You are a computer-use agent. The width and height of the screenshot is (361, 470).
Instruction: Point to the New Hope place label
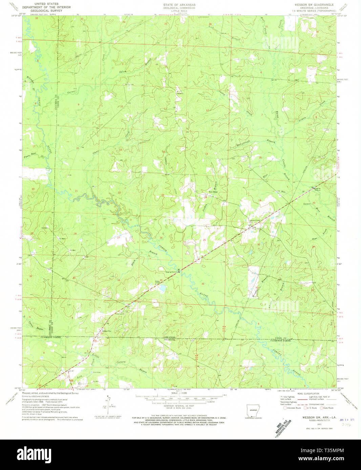213,192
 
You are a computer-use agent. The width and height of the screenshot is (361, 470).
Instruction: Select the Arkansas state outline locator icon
251,412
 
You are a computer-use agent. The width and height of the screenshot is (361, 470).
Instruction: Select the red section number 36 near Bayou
203,284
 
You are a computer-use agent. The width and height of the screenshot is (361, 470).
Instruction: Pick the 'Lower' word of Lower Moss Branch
307,204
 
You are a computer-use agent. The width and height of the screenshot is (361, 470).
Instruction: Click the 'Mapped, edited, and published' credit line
50,393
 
